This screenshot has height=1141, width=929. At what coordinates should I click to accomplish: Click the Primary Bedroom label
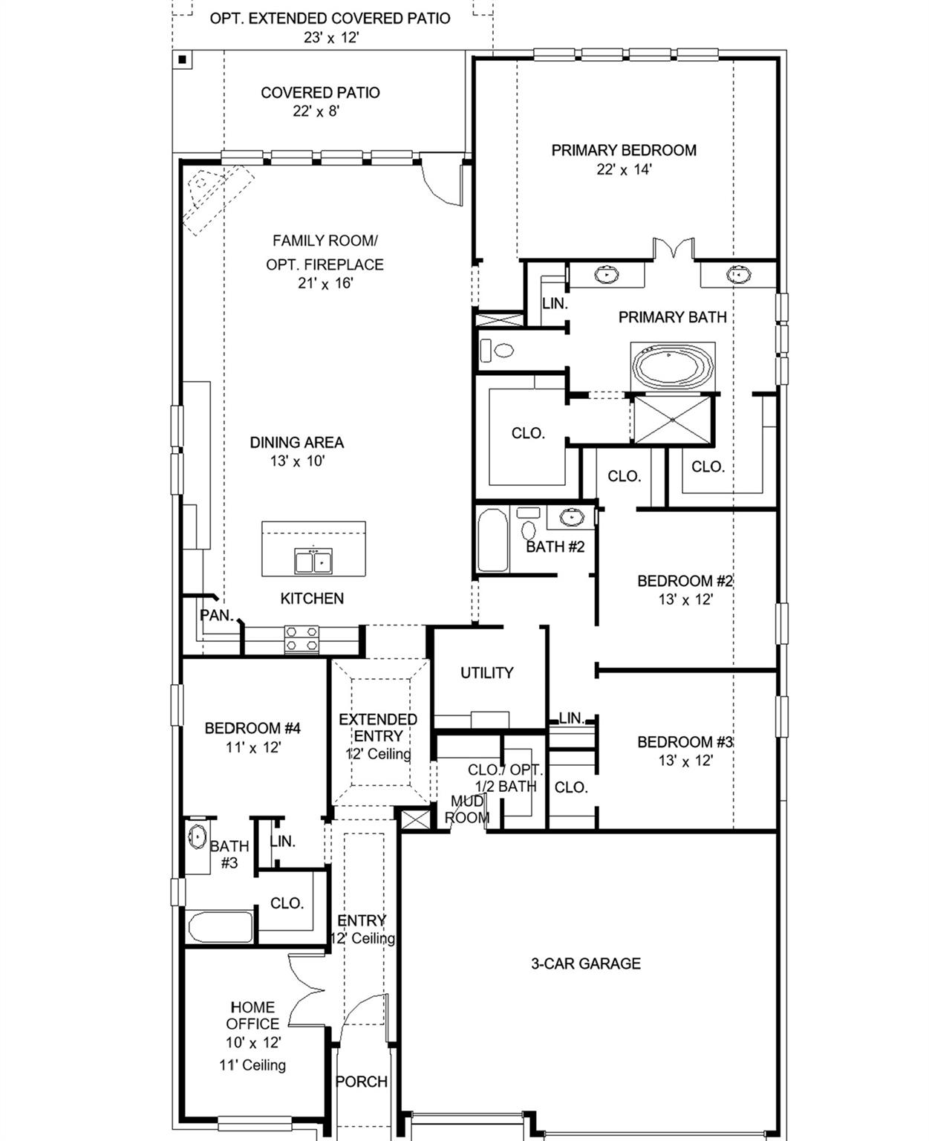tap(623, 151)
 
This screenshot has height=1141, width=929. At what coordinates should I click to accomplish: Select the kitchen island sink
tap(313, 562)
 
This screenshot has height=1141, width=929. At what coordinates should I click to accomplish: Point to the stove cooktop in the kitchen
tap(301, 639)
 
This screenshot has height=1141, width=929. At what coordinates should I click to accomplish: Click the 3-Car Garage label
tap(585, 963)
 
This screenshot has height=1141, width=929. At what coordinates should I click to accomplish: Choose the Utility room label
tap(486, 673)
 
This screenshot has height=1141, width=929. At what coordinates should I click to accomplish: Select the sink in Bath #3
tap(198, 837)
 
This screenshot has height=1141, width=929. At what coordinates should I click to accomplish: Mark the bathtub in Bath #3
tap(220, 927)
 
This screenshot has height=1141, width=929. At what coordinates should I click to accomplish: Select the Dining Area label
tap(296, 443)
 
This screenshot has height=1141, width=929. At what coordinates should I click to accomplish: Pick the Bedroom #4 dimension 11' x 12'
tap(253, 748)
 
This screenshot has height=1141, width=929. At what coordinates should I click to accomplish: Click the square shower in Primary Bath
tap(672, 420)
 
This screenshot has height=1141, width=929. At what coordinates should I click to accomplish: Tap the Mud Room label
tap(467, 810)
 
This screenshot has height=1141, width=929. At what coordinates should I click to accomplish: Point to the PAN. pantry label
tap(217, 615)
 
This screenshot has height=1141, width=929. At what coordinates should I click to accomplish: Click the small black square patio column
tap(182, 59)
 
